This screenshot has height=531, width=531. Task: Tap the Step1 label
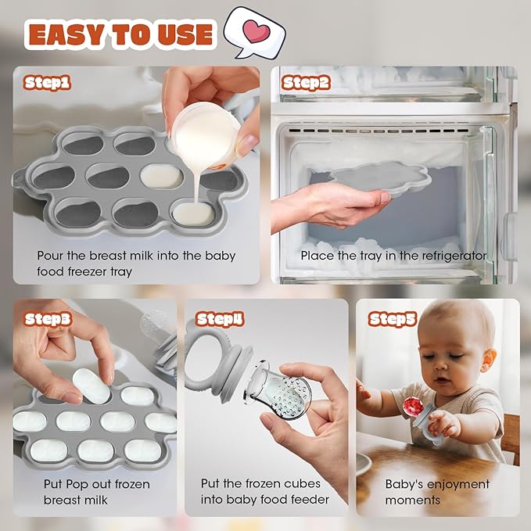pyautogui.click(x=47, y=82)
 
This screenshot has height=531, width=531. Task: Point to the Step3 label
pyautogui.click(x=48, y=318)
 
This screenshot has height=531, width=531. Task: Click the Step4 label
pyautogui.click(x=220, y=318)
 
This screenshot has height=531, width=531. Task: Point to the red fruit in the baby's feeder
pyautogui.click(x=413, y=407)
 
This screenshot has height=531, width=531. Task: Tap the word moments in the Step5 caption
pyautogui.click(x=413, y=499)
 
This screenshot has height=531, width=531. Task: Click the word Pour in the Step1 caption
pyautogui.click(x=51, y=256)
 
